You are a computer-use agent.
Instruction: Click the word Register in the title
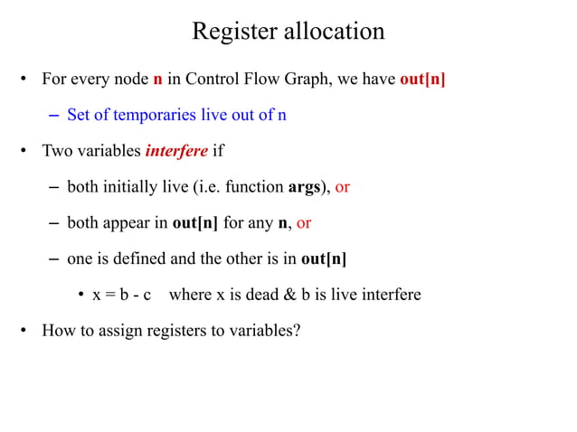point(232,32)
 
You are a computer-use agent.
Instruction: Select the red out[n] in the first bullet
point(422,80)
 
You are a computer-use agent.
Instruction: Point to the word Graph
point(305,80)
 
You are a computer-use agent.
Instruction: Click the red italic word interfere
point(177,150)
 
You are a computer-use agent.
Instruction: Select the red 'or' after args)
point(343,187)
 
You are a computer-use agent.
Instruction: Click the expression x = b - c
point(120,295)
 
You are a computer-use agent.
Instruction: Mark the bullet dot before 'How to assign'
point(26,330)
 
